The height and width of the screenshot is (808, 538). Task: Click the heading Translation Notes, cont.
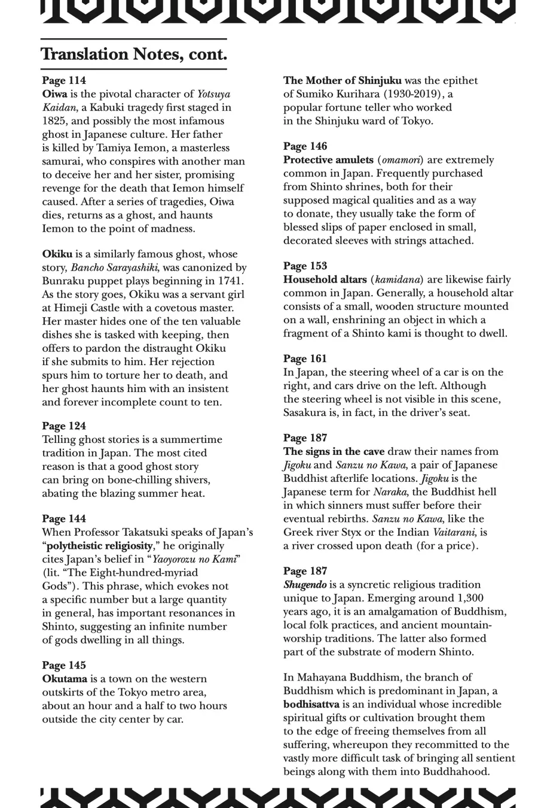coord(134,54)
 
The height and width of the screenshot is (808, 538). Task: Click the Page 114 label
coord(64,80)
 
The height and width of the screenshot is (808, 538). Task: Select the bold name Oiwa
coord(54,94)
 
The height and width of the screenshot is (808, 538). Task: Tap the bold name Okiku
coord(57,254)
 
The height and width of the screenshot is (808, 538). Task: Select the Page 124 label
coord(64,426)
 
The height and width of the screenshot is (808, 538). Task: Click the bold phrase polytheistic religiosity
coord(108,546)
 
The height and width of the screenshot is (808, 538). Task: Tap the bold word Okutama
coord(65,679)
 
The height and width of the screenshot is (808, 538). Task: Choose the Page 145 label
coord(64,665)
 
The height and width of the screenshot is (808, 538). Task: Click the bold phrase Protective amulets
coord(328,160)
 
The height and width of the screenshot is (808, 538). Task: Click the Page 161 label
coord(305,359)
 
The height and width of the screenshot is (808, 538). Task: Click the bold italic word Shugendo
coord(305,585)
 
